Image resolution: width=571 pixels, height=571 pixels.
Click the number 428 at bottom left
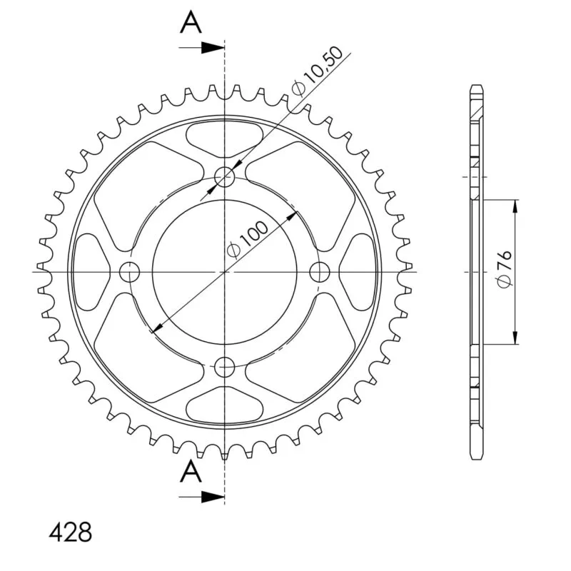pos(70,532)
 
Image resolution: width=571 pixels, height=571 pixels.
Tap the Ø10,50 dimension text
pos(317,72)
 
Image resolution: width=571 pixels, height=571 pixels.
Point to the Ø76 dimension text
pos(505,269)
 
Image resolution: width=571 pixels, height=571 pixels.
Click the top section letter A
pos(191,22)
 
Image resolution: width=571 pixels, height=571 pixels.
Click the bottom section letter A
pos(191,471)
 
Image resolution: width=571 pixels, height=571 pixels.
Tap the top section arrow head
pos(213,48)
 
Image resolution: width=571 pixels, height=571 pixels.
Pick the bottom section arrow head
pos(213,497)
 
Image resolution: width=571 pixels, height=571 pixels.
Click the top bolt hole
pos(225,177)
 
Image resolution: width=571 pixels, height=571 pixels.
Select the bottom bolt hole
pos(225,367)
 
